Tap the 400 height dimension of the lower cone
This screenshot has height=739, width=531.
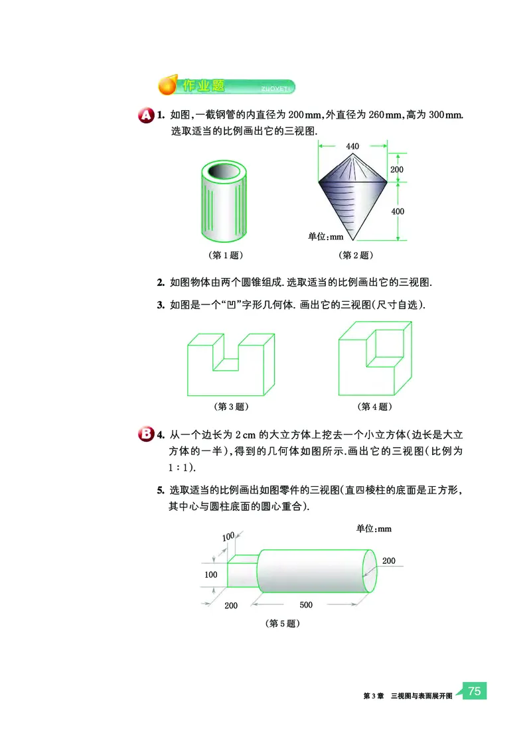point(398,211)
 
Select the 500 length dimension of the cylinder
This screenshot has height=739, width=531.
point(306,604)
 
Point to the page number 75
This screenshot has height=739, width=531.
point(474,691)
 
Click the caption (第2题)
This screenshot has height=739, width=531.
point(355,255)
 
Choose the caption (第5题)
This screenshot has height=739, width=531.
point(283,624)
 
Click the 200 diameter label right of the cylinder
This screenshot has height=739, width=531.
point(388,561)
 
